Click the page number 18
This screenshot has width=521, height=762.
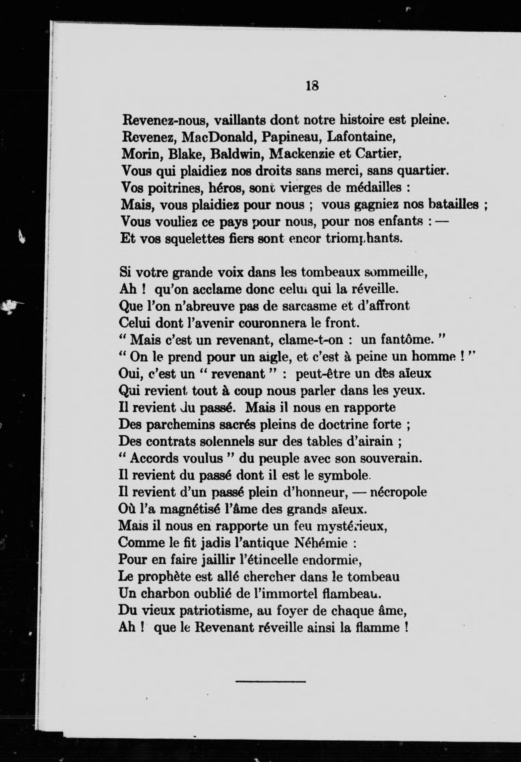(x=312, y=86)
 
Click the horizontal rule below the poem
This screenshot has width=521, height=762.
(x=270, y=682)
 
